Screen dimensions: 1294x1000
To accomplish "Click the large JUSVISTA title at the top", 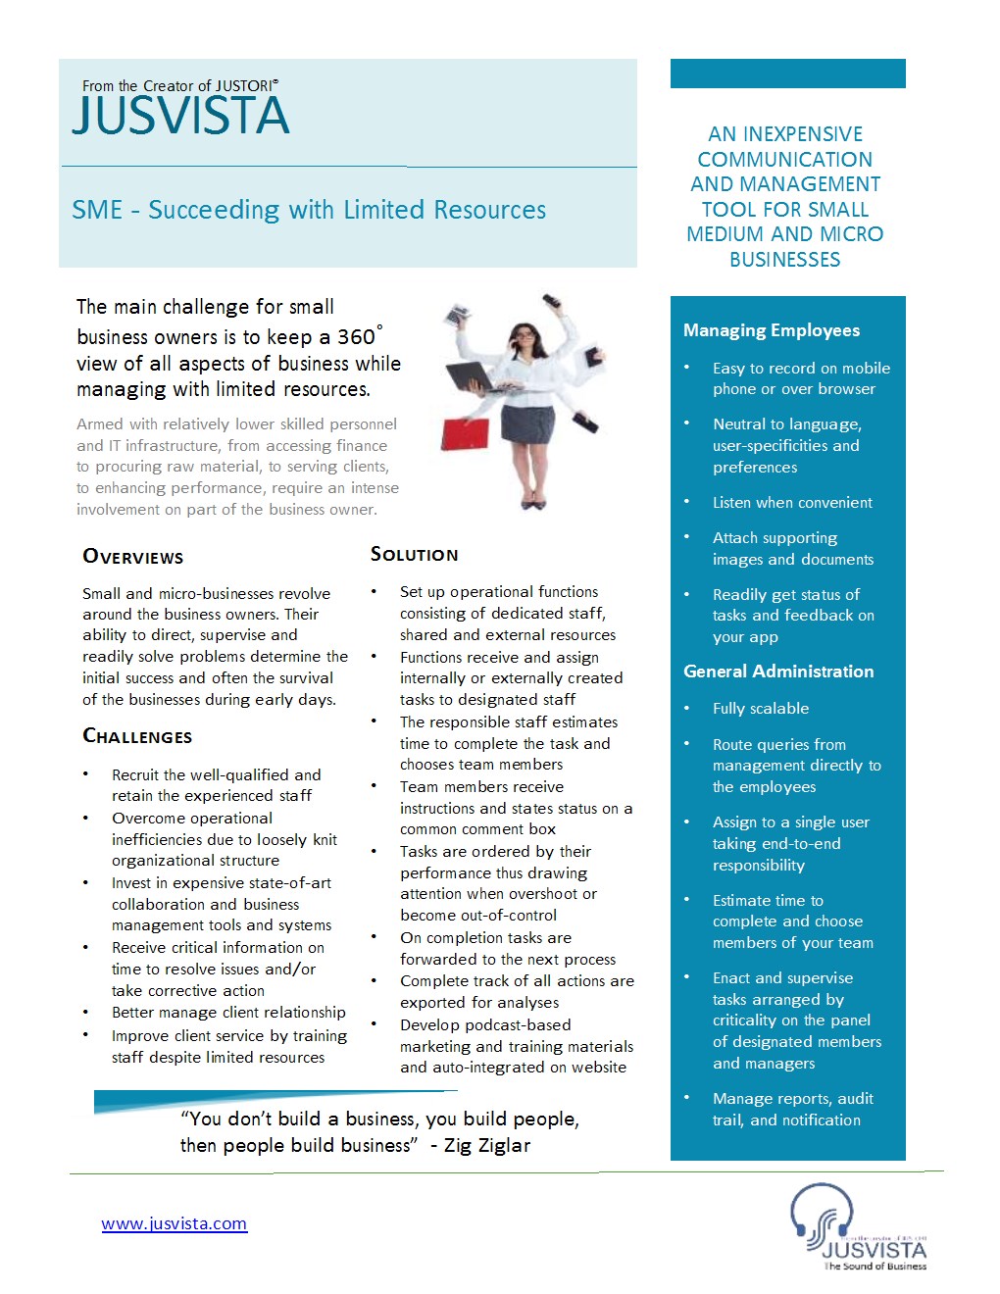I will [x=181, y=116].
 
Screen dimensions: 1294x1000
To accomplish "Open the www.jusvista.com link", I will [x=175, y=1223].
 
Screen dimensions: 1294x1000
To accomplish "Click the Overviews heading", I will [x=133, y=557].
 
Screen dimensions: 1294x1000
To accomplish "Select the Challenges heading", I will [x=137, y=736].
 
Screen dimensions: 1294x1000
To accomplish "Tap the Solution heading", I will [x=414, y=555].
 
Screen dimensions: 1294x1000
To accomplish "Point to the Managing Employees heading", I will [x=772, y=330].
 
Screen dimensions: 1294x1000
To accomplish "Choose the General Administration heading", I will [x=778, y=672].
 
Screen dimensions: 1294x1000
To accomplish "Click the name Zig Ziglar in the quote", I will [x=487, y=1145].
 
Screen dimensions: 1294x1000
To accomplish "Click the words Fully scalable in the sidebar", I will [x=761, y=709].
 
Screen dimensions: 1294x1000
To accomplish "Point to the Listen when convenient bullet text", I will [x=792, y=503].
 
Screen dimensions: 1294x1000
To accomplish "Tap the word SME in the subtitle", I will [x=97, y=211].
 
